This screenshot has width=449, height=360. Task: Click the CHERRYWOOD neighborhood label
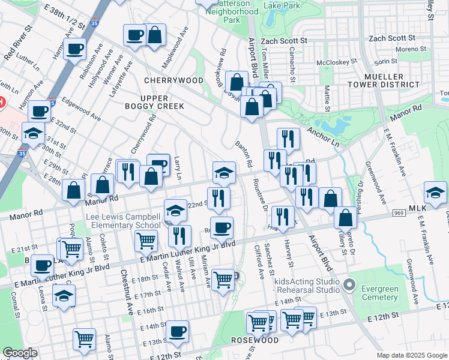tap(173, 80)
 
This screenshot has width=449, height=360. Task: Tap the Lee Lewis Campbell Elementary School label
tap(122, 221)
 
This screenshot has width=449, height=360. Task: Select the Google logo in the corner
tap(20, 353)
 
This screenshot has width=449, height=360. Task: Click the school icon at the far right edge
tap(435, 192)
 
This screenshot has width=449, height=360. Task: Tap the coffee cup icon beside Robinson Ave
tap(75, 49)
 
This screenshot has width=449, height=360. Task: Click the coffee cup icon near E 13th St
tap(177, 331)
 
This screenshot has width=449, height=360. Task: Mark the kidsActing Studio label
tap(308, 281)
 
